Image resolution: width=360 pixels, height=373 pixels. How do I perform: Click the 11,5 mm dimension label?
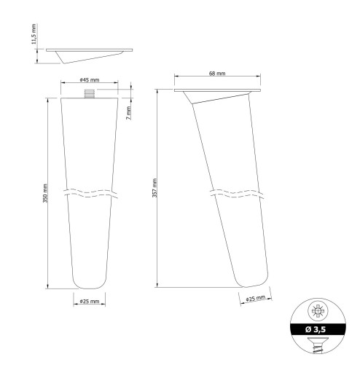(34, 34)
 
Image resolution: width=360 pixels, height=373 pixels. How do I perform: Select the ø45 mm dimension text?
(90, 79)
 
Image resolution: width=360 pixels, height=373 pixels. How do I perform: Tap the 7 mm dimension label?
(129, 113)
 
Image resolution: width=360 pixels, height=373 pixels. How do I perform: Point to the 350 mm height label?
(45, 193)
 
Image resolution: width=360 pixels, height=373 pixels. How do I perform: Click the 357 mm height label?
(154, 188)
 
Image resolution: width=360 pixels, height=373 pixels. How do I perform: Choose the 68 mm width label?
(217, 73)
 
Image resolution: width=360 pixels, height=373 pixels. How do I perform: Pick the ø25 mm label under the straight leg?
(90, 301)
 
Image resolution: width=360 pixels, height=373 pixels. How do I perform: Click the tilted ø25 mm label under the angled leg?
(255, 299)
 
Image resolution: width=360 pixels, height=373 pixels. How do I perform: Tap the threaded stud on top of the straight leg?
(90, 94)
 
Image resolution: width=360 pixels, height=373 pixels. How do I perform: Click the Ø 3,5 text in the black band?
(316, 329)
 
